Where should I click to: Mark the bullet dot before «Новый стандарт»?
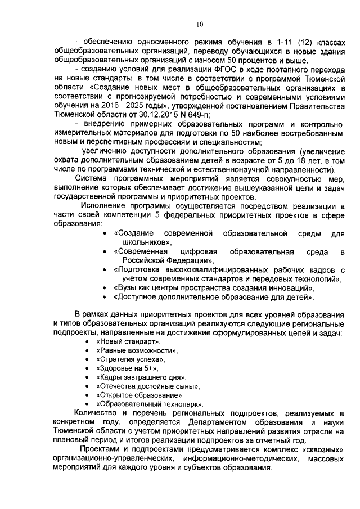pyautogui.click(x=87, y=342)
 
